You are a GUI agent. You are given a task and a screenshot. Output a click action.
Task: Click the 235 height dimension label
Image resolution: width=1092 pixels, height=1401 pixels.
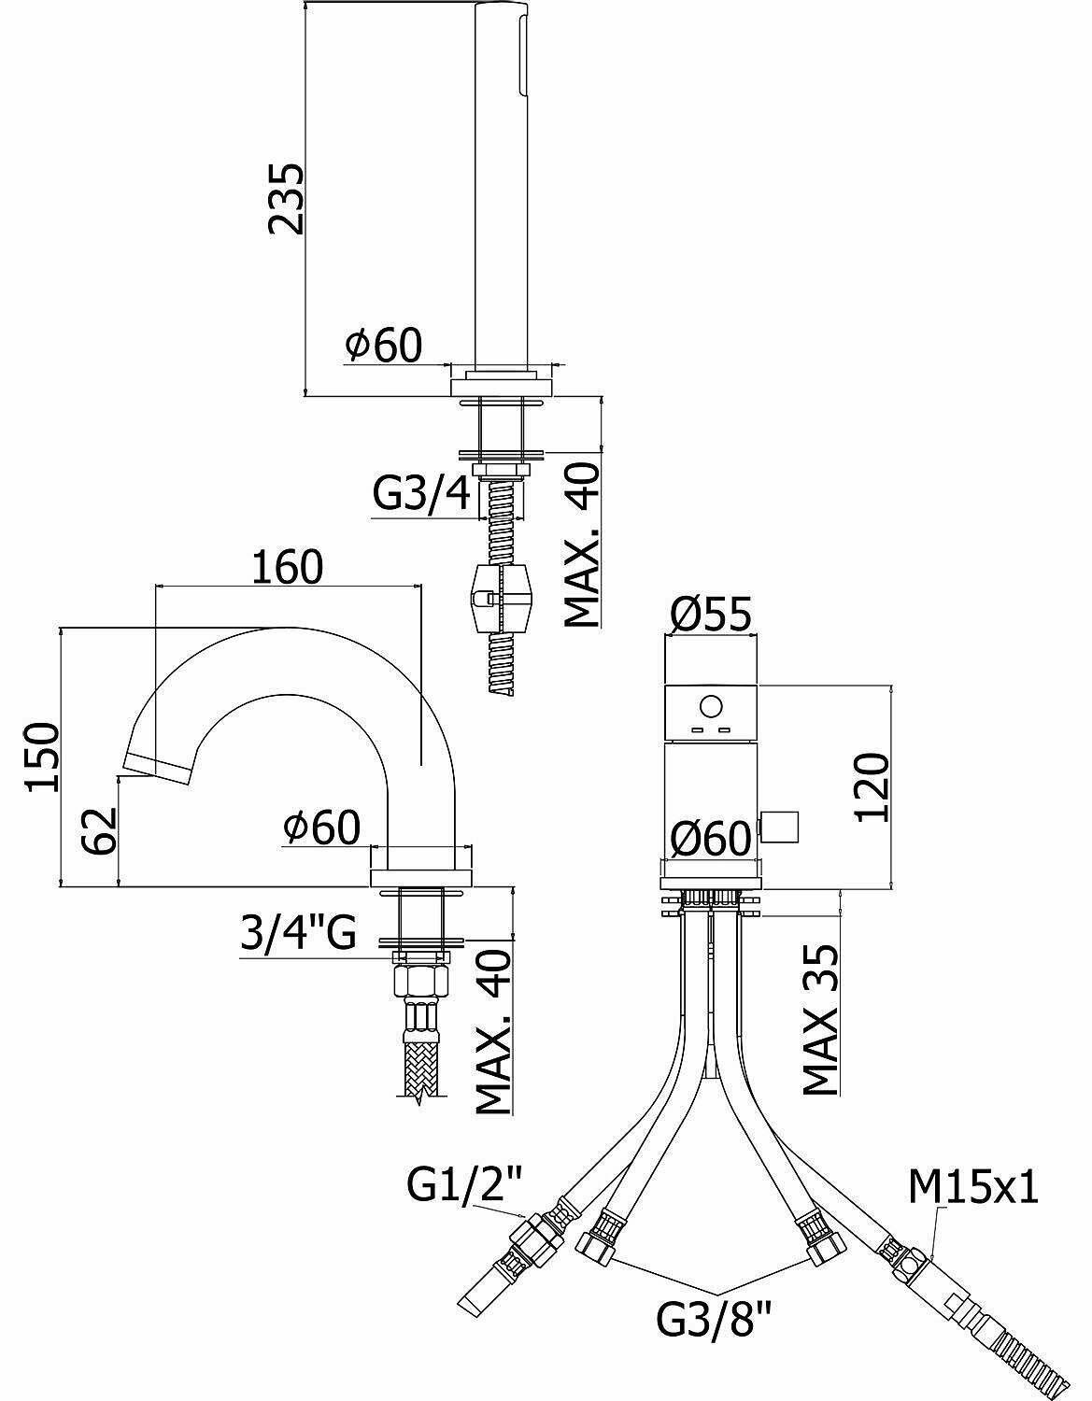286,199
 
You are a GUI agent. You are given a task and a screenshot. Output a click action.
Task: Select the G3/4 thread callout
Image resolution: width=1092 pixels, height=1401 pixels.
421,496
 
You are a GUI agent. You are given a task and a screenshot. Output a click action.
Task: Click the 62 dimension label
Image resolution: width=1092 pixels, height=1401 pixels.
98,830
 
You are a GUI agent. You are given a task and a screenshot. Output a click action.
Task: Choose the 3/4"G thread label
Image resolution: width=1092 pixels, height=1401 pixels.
298,935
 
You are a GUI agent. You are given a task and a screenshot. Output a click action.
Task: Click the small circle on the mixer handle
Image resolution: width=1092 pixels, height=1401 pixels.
711,706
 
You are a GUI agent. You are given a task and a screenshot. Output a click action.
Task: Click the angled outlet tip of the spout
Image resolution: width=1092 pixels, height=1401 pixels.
160,765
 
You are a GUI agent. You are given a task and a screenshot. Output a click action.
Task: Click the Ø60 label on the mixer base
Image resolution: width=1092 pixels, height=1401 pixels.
711,840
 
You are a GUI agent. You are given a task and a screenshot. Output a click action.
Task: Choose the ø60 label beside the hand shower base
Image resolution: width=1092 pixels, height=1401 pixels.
384,346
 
